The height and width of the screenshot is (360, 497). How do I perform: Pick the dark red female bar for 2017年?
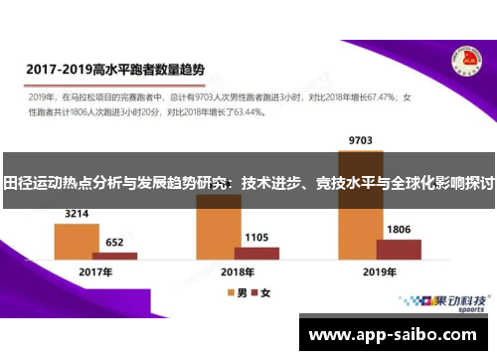tap(114, 256)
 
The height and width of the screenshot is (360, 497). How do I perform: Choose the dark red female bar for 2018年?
tap(256, 253)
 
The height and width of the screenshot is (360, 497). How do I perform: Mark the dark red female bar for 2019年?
tap(399, 249)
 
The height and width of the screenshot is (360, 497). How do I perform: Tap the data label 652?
tap(114, 242)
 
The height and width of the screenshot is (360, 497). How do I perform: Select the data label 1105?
tap(256, 237)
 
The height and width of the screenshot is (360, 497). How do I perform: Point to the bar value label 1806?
tap(399, 230)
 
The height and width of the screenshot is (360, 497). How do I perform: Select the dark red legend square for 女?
tap(253, 293)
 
